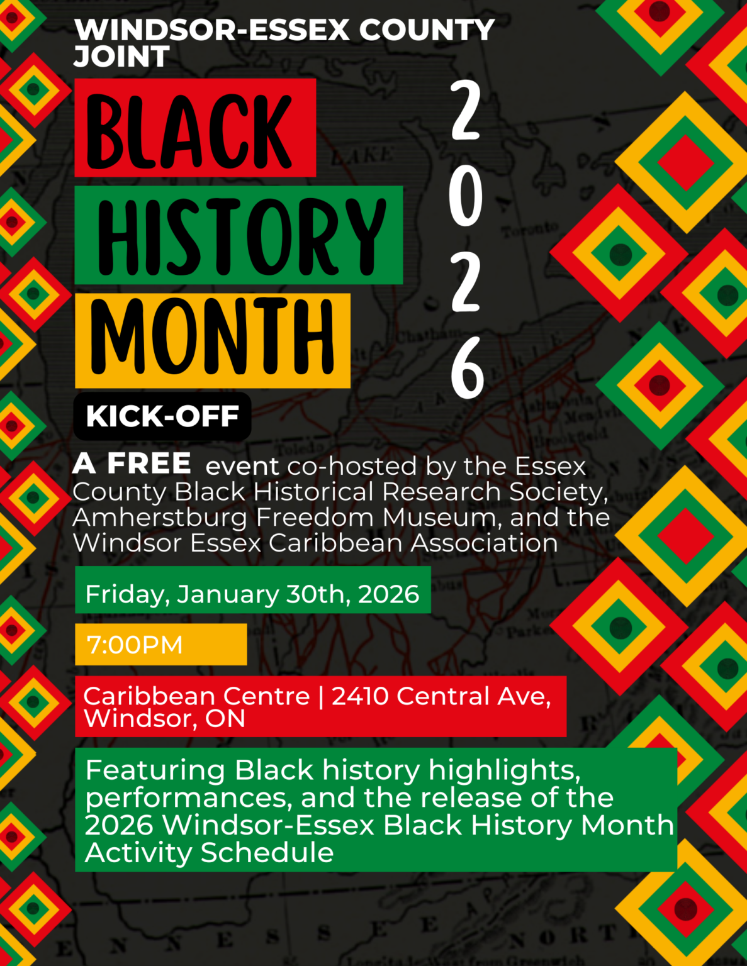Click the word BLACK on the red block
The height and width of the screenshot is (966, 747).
point(189,131)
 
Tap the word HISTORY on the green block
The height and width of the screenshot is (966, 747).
point(241,236)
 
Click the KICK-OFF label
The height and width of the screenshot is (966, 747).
point(162,416)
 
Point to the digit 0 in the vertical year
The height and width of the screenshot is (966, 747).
point(466,197)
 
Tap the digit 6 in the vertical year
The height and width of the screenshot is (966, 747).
point(467,368)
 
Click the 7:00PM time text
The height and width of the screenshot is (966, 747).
point(135,645)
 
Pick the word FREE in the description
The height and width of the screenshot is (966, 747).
point(149,464)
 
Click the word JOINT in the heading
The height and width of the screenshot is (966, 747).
point(121,57)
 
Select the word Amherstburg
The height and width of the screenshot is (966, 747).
point(160,518)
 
